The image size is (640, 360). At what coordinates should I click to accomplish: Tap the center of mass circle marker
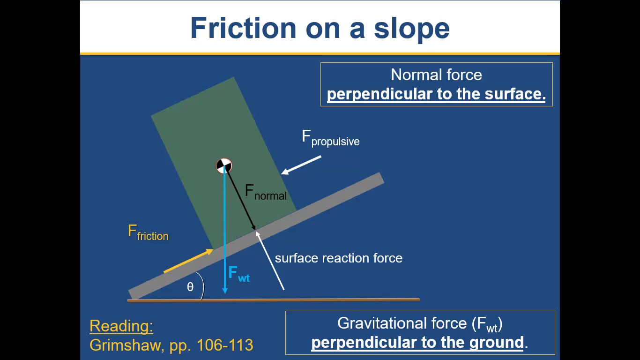click(224, 165)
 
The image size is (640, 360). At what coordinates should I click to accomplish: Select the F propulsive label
click(330, 138)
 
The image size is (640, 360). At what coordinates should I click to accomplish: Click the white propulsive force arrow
click(301, 165)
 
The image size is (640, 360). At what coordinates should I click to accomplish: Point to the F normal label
click(265, 192)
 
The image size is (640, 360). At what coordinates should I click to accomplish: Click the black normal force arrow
click(241, 199)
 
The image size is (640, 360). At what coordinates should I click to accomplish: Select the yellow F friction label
click(148, 233)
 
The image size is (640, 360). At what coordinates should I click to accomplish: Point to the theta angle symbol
click(190, 287)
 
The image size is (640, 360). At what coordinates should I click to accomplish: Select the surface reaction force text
click(338, 258)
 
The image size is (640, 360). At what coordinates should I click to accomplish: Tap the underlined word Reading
click(121, 326)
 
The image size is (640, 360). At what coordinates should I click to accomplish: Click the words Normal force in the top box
click(436, 75)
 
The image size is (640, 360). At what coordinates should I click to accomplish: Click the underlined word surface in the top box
click(515, 94)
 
